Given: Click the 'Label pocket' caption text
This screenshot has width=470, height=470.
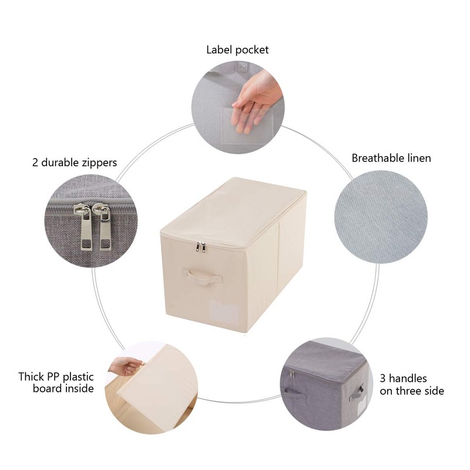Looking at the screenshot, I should [x=237, y=50].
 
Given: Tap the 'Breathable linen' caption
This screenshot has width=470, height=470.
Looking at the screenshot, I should [x=391, y=158].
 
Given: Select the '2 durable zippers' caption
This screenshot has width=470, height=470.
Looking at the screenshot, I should [x=75, y=162].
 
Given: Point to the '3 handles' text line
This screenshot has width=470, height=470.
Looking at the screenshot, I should [x=403, y=378].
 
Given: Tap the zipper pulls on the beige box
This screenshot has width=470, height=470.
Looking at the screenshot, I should [x=202, y=247].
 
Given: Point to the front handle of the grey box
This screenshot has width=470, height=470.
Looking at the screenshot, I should [x=357, y=392].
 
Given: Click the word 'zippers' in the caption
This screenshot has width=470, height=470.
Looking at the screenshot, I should [x=98, y=162].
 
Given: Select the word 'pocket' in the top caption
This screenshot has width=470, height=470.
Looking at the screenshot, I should [x=252, y=50].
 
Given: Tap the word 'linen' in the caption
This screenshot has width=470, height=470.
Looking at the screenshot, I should [x=417, y=158].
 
